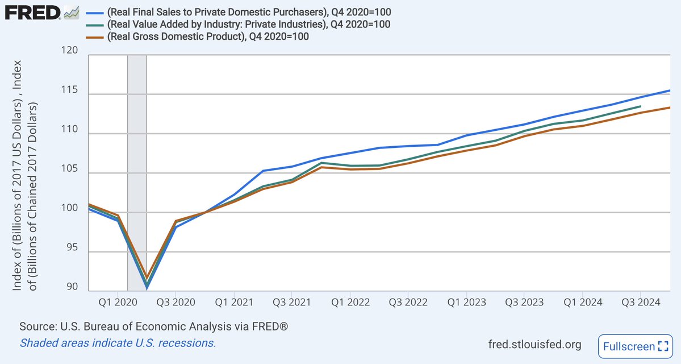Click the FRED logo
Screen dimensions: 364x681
[33, 13]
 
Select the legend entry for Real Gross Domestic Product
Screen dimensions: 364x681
[207, 36]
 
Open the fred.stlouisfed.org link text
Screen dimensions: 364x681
[534, 345]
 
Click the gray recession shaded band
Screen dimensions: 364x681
[137, 171]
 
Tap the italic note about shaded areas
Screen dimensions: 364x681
[118, 344]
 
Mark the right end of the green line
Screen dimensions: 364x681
[641, 106]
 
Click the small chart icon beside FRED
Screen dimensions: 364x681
[72, 12]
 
